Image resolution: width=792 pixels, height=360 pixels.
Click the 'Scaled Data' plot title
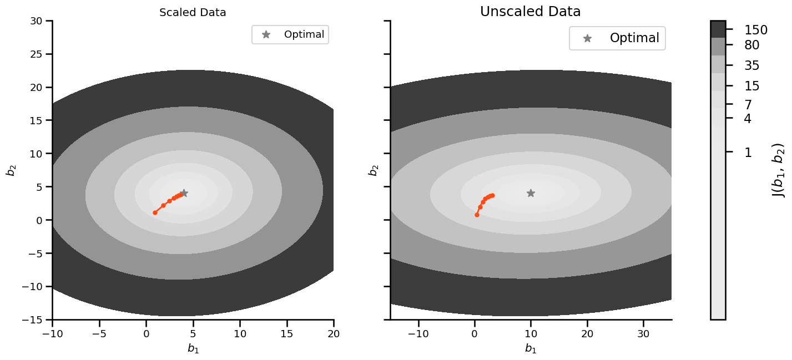pos(193,13)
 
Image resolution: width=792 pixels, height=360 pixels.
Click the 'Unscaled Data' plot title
pos(530,12)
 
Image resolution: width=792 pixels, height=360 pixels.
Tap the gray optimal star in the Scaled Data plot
pos(184,193)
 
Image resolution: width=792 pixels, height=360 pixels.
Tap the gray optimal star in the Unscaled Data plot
pos(531,193)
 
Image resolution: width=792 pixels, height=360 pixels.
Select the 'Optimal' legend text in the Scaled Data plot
pos(304,34)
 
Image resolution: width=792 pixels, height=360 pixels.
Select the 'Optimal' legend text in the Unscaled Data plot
pos(634,38)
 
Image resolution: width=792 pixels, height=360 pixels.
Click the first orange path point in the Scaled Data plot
pos(155,212)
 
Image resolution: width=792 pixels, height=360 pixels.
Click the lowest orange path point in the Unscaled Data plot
pos(477,215)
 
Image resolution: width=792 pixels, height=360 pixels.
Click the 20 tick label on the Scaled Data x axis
pos(334,333)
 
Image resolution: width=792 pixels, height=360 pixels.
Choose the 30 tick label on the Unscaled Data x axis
pos(643,333)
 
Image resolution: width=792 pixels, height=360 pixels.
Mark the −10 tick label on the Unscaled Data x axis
pos(417,333)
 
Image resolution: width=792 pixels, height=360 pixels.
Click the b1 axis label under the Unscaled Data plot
pos(531,348)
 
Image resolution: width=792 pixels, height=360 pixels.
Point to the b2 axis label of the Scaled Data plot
pos(11,169)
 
